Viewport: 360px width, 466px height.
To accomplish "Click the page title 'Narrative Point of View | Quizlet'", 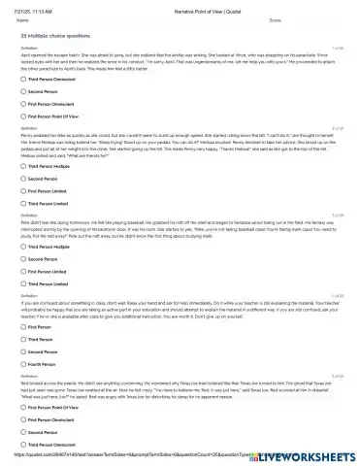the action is pos(180,5).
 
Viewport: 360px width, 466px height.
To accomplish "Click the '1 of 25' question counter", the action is pos(337,47).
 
